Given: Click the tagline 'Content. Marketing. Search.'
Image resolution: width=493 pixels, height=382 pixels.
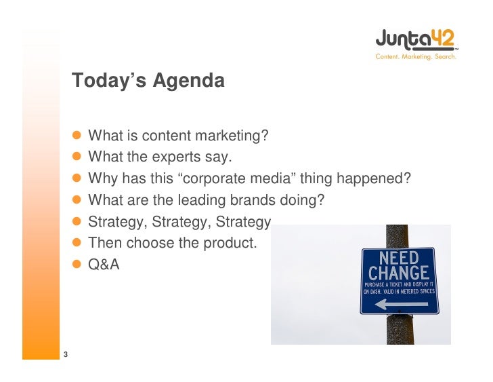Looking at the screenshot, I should (x=416, y=57).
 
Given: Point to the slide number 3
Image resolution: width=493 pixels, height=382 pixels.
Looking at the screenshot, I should (x=66, y=354).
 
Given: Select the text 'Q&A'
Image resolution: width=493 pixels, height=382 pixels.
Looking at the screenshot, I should (x=104, y=265).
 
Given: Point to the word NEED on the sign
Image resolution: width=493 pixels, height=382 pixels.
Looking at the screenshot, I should (x=400, y=259).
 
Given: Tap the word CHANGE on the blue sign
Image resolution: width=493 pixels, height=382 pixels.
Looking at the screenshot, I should (x=400, y=273).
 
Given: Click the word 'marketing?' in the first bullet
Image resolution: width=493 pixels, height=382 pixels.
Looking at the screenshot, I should (x=234, y=136).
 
